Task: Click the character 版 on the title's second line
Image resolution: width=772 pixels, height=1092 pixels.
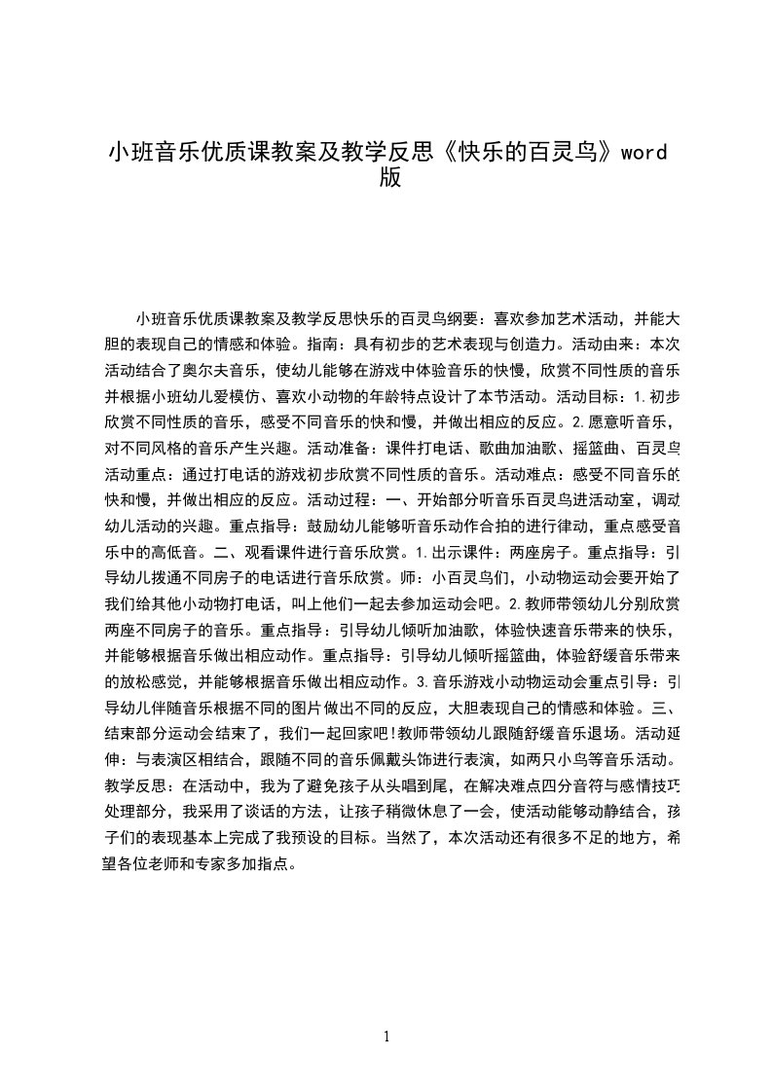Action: (389, 180)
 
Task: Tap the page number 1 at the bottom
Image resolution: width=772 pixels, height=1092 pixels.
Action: (386, 1037)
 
